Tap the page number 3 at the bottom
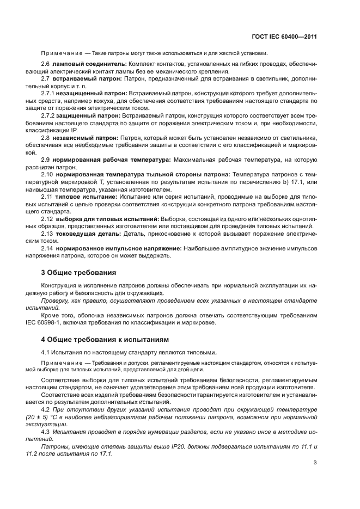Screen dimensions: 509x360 coord(315,463)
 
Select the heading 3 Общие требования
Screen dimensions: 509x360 coord(78,271)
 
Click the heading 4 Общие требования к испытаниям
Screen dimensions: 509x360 coord(103,340)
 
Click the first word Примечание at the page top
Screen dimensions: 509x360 coord(60,53)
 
